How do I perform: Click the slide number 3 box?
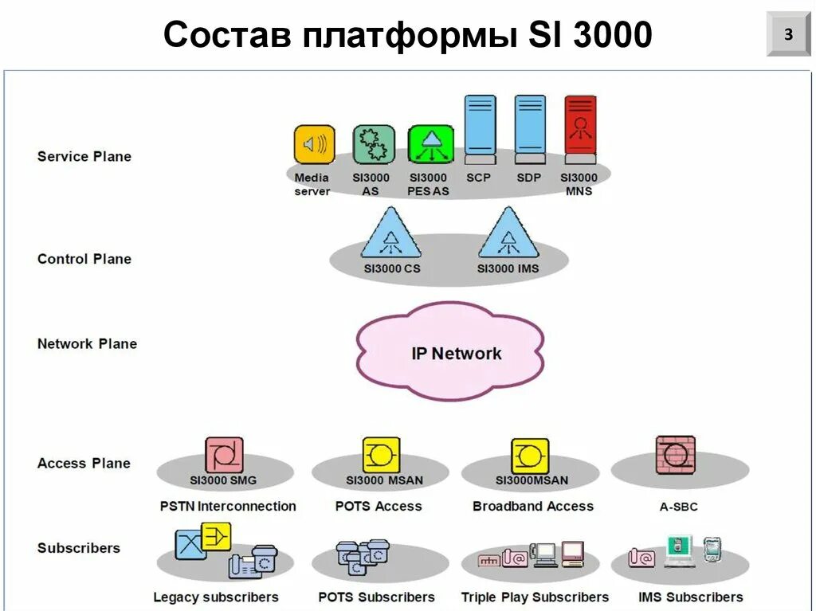pyautogui.click(x=787, y=34)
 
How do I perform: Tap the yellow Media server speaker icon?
pyautogui.click(x=314, y=145)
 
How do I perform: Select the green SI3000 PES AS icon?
pyautogui.click(x=430, y=145)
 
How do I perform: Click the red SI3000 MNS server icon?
pyautogui.click(x=580, y=125)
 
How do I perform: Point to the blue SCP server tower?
pyautogui.click(x=480, y=125)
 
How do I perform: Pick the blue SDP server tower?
pyautogui.click(x=530, y=125)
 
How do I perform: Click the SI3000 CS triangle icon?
pyautogui.click(x=390, y=234)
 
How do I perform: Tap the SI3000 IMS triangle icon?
pyautogui.click(x=508, y=234)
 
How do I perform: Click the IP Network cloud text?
pyautogui.click(x=457, y=353)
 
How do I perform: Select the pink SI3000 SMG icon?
pyautogui.click(x=224, y=456)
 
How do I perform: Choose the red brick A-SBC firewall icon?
pyautogui.click(x=676, y=455)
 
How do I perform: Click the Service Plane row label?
pyautogui.click(x=84, y=156)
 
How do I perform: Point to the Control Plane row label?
pyautogui.click(x=84, y=259)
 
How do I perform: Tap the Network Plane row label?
pyautogui.click(x=87, y=344)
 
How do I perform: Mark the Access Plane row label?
pyautogui.click(x=84, y=463)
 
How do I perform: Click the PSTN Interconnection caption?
pyautogui.click(x=228, y=506)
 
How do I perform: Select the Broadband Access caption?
pyautogui.click(x=532, y=506)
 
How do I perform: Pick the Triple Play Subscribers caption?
pyautogui.click(x=535, y=597)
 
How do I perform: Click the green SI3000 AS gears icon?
pyautogui.click(x=374, y=145)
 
